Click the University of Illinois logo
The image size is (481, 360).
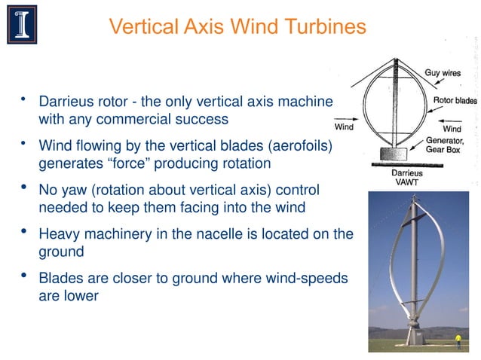point(22,24)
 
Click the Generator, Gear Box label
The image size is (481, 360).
point(445,145)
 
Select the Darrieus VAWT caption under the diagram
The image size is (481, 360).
point(407,177)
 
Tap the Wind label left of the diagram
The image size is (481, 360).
point(344,127)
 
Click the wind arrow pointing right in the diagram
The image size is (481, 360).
point(347,118)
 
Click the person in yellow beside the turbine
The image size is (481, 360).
point(457,340)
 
